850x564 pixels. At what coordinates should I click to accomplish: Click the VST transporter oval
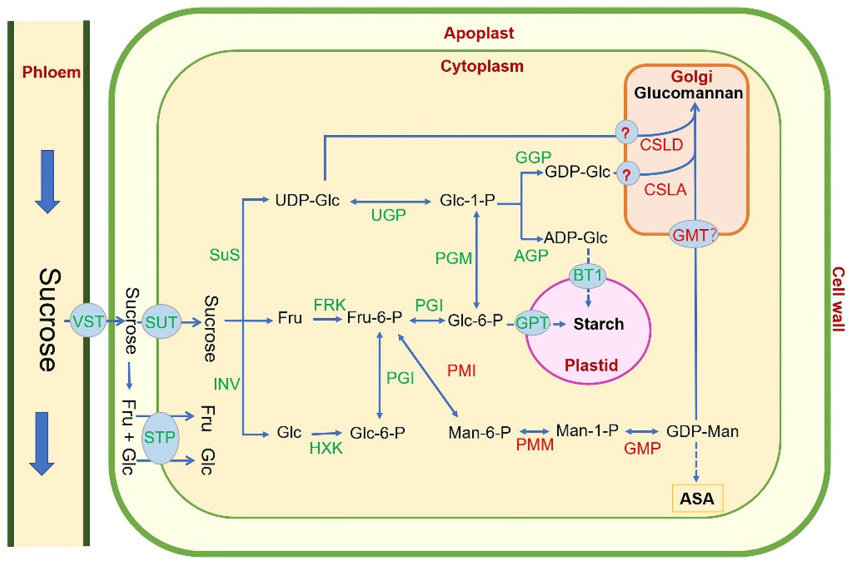tap(88, 321)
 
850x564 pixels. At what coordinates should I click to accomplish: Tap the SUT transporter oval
tap(161, 322)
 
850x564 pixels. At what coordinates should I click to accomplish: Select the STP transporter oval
tap(160, 438)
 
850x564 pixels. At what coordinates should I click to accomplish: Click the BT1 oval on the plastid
tap(587, 276)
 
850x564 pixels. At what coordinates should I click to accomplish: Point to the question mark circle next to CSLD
tap(626, 133)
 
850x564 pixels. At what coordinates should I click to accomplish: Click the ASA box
tap(697, 498)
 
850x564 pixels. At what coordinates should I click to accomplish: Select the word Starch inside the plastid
tap(598, 324)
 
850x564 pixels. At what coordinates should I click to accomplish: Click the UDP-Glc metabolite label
tap(307, 200)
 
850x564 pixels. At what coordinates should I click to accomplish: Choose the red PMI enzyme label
tap(461, 370)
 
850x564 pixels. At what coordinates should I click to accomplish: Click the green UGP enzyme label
tap(388, 216)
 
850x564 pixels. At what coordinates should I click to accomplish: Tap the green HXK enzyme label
tap(326, 448)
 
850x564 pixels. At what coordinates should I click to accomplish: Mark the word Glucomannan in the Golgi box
tap(688, 93)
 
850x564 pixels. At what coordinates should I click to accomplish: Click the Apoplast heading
tap(479, 33)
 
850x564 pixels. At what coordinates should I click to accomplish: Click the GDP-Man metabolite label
tap(702, 431)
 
